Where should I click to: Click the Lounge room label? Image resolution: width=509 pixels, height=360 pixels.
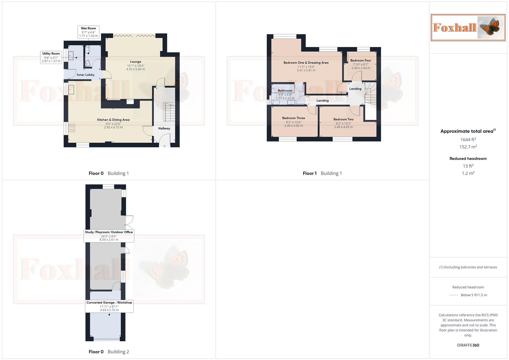click(135, 62)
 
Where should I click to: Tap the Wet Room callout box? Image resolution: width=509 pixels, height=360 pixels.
click(88, 32)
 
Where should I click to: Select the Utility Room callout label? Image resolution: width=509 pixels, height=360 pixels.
click(51, 57)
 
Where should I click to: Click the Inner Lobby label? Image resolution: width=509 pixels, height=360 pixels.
click(86, 75)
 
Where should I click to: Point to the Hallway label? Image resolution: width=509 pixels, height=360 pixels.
click(164, 128)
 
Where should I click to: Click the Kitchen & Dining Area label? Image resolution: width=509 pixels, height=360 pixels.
click(113, 120)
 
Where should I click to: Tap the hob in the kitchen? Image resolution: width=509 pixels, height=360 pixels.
click(72, 128)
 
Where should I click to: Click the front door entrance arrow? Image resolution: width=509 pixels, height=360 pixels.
click(165, 146)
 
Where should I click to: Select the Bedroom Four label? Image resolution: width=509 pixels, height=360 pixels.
click(361, 60)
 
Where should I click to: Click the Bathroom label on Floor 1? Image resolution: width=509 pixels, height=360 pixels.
click(285, 91)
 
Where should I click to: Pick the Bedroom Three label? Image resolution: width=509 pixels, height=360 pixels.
click(293, 118)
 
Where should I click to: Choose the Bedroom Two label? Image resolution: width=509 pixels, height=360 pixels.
click(343, 119)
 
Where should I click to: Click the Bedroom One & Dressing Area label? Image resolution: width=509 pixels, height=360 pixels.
click(306, 63)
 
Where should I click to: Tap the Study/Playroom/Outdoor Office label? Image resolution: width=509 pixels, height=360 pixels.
click(109, 232)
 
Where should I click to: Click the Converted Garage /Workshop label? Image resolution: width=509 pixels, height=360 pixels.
click(109, 303)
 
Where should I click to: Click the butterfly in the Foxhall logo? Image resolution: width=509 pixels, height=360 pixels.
click(491, 27)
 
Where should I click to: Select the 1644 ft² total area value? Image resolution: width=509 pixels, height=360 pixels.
click(468, 140)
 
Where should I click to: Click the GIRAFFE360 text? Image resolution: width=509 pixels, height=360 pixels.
click(468, 345)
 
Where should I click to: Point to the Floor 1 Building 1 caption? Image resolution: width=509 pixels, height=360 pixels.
click(322, 173)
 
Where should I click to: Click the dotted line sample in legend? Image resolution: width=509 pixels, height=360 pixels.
click(454, 295)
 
